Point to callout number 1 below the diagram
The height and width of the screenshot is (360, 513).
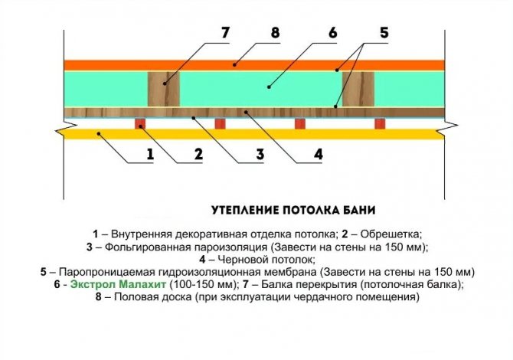(149, 154)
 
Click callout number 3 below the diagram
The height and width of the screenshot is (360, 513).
(260, 154)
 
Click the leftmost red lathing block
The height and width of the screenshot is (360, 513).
(140, 123)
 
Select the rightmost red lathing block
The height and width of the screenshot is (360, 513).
(379, 123)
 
